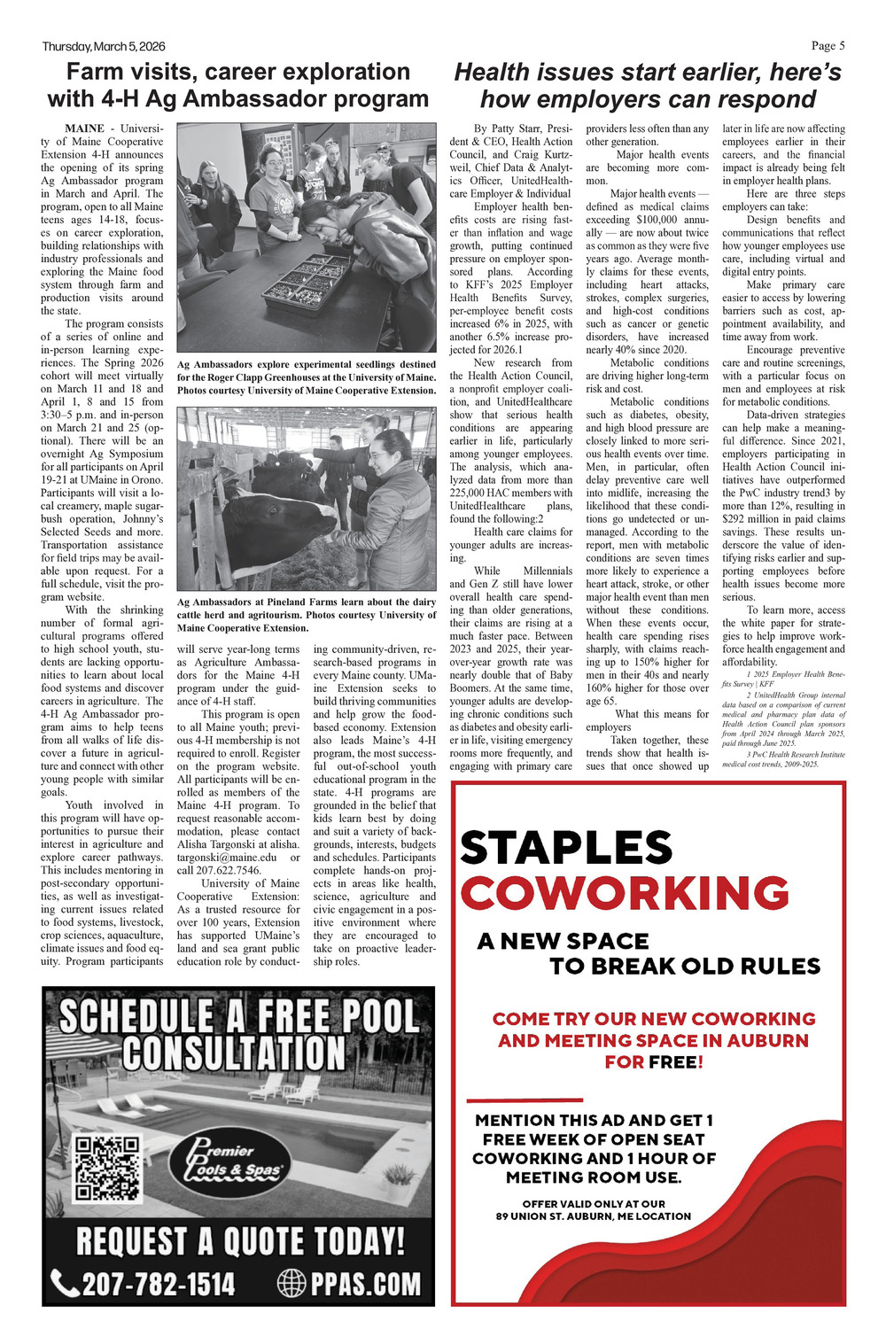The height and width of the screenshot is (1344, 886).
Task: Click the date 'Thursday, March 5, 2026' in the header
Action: pos(103,46)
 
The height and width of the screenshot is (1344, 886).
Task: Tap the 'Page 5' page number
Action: pos(828,46)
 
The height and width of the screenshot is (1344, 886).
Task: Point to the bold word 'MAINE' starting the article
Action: pos(84,128)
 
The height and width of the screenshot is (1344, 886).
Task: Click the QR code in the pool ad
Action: pos(107,1168)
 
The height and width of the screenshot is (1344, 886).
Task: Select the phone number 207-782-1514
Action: pos(159,1284)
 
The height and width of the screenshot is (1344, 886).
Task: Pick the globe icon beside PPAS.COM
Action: pos(291,1283)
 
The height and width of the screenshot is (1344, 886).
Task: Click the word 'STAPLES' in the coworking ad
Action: pos(566,848)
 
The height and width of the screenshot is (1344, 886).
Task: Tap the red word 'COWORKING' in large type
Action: pos(625,892)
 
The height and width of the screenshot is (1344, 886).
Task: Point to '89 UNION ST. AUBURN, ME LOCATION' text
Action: pos(593,1216)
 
